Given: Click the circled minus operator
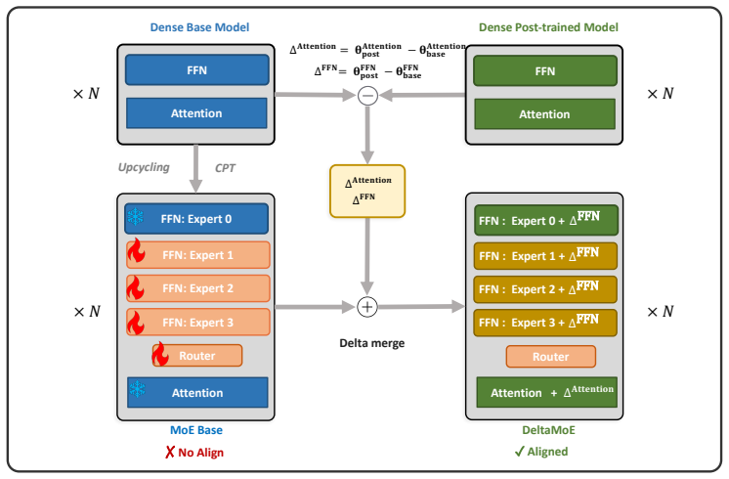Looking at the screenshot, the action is tap(367, 96).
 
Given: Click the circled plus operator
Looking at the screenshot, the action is tap(367, 307).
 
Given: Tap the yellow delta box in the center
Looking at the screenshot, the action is tap(367, 192).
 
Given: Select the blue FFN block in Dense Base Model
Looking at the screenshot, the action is tap(197, 70).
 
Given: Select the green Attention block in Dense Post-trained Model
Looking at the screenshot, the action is tap(545, 114).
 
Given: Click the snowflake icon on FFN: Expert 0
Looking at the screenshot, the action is tap(135, 217).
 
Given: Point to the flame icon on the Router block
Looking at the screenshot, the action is tap(160, 354).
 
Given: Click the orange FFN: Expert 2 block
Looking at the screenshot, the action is tap(198, 288).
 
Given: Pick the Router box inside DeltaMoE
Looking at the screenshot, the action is tap(551, 357).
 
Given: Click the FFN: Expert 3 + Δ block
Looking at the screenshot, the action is tap(545, 323).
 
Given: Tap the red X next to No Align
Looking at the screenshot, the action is tap(170, 452).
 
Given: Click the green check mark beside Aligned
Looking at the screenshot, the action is tap(519, 452).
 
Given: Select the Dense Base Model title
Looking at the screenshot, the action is tap(199, 27).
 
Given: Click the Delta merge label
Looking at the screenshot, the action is tap(372, 343).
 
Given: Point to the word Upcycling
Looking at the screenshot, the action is tap(144, 167).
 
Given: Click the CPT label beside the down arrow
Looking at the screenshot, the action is tap(225, 168).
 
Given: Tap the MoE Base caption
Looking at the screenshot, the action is tap(196, 430).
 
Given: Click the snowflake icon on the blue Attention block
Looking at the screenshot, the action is tap(137, 389).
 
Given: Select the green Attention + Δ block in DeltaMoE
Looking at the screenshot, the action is tap(547, 392).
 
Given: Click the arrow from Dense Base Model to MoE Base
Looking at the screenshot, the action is tap(195, 168).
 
